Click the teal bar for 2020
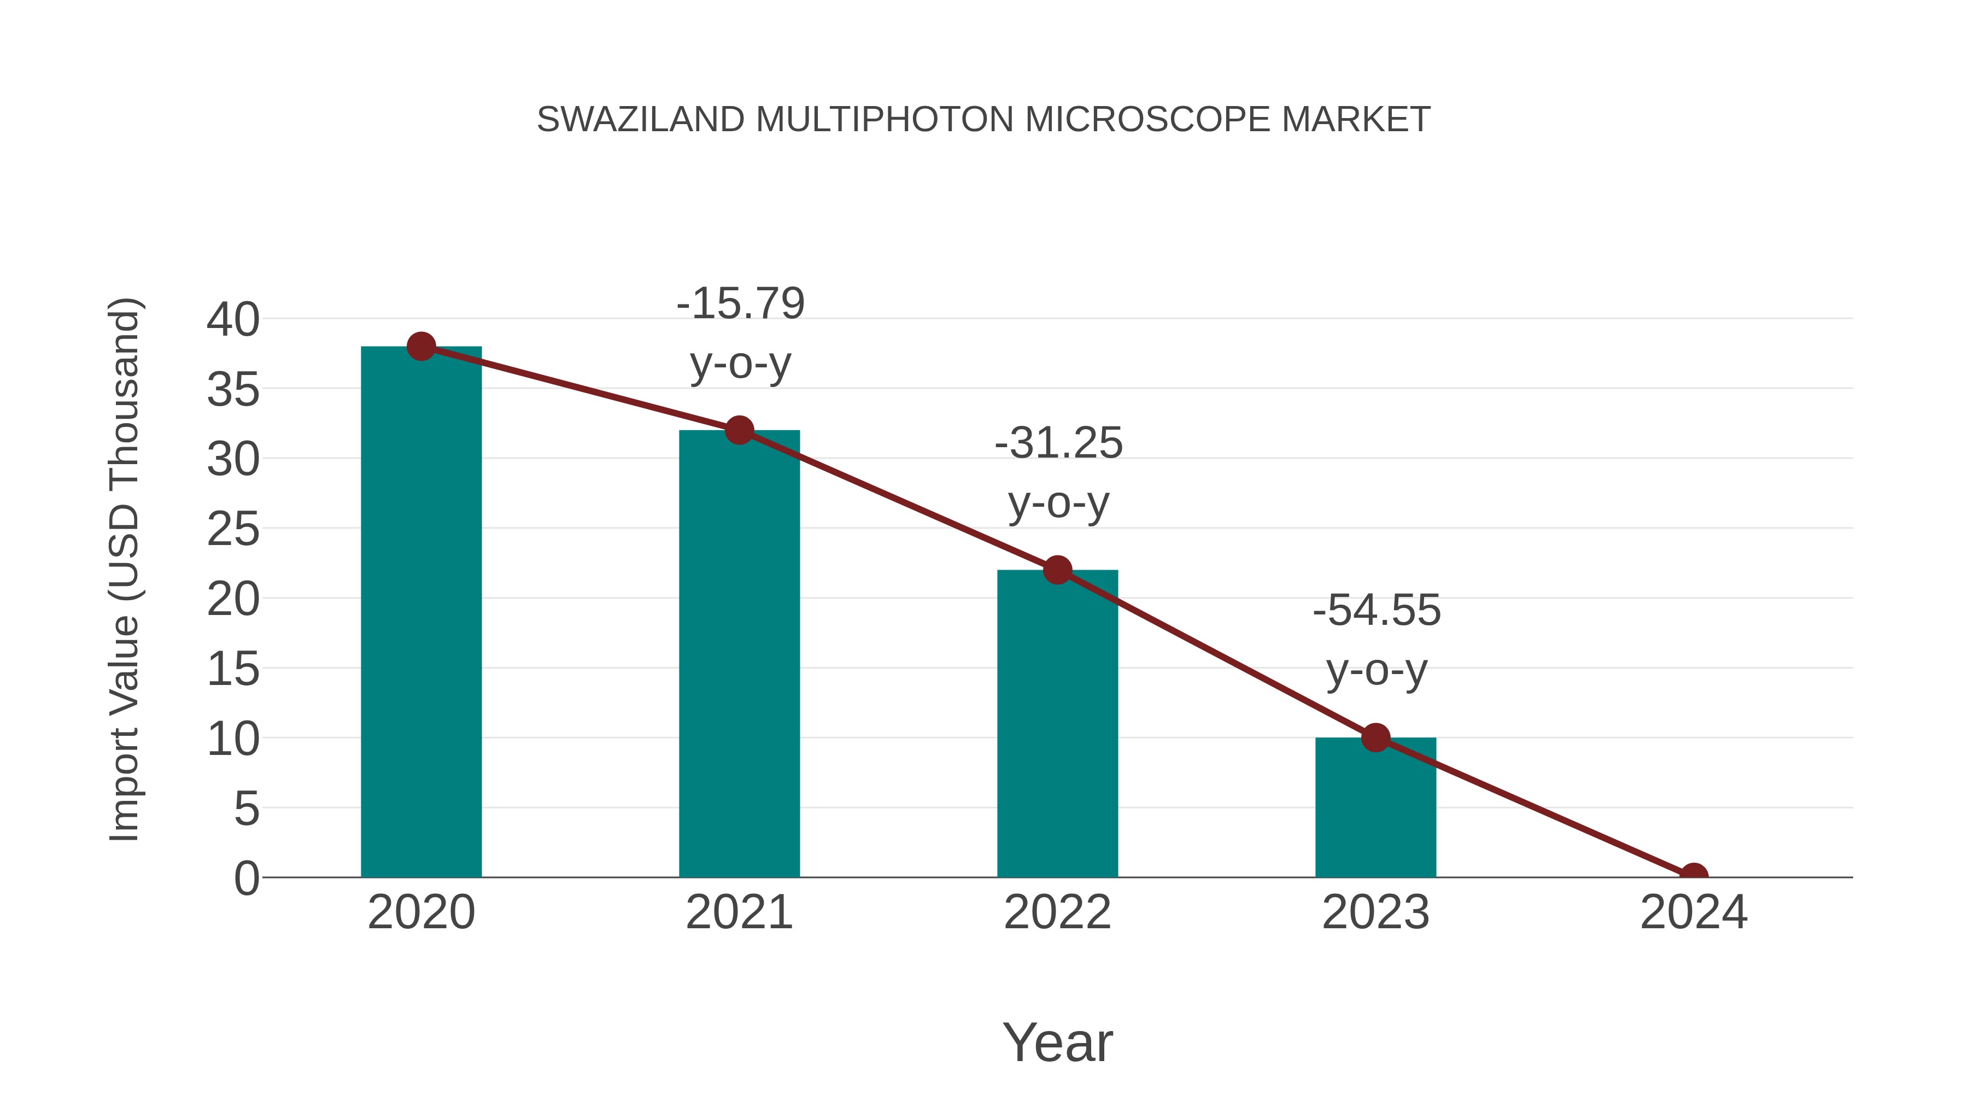coord(421,611)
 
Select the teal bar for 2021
coord(739,653)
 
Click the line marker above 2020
coord(421,346)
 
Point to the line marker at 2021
coord(739,430)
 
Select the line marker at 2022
coord(1057,570)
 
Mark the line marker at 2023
coord(1375,738)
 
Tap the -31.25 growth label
coord(1058,472)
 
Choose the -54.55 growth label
coord(1376,640)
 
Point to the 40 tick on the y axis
coord(233,319)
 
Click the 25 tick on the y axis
coord(233,529)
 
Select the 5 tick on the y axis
coord(246,809)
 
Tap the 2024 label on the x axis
coord(1694,912)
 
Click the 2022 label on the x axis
coord(1057,912)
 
